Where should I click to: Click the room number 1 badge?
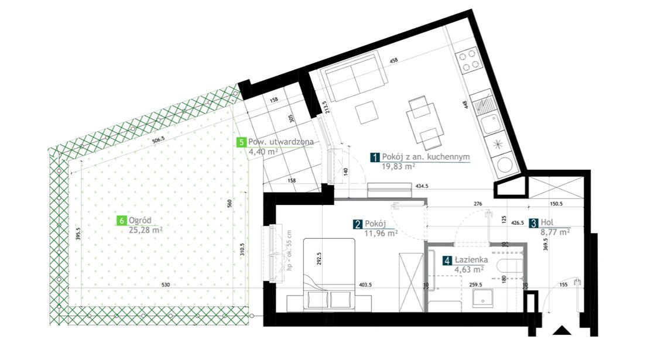pyautogui.click(x=375, y=157)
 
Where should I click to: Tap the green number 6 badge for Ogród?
pyautogui.click(x=122, y=221)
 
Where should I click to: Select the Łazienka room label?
pyautogui.click(x=471, y=260)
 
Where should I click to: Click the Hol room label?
pyautogui.click(x=547, y=222)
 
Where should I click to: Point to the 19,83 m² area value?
pyautogui.click(x=398, y=166)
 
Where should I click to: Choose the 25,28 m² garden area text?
pyautogui.click(x=145, y=230)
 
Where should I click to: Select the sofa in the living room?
pyautogui.click(x=355, y=76)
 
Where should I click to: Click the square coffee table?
pyautogui.click(x=367, y=112)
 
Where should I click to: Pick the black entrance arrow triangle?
pyautogui.click(x=562, y=330)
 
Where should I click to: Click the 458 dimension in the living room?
pyautogui.click(x=394, y=61)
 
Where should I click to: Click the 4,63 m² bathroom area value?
pyautogui.click(x=469, y=269)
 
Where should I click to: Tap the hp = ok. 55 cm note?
pyautogui.click(x=289, y=251)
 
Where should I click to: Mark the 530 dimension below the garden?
pyautogui.click(x=166, y=284)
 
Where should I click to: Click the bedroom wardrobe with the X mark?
pyautogui.click(x=411, y=282)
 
